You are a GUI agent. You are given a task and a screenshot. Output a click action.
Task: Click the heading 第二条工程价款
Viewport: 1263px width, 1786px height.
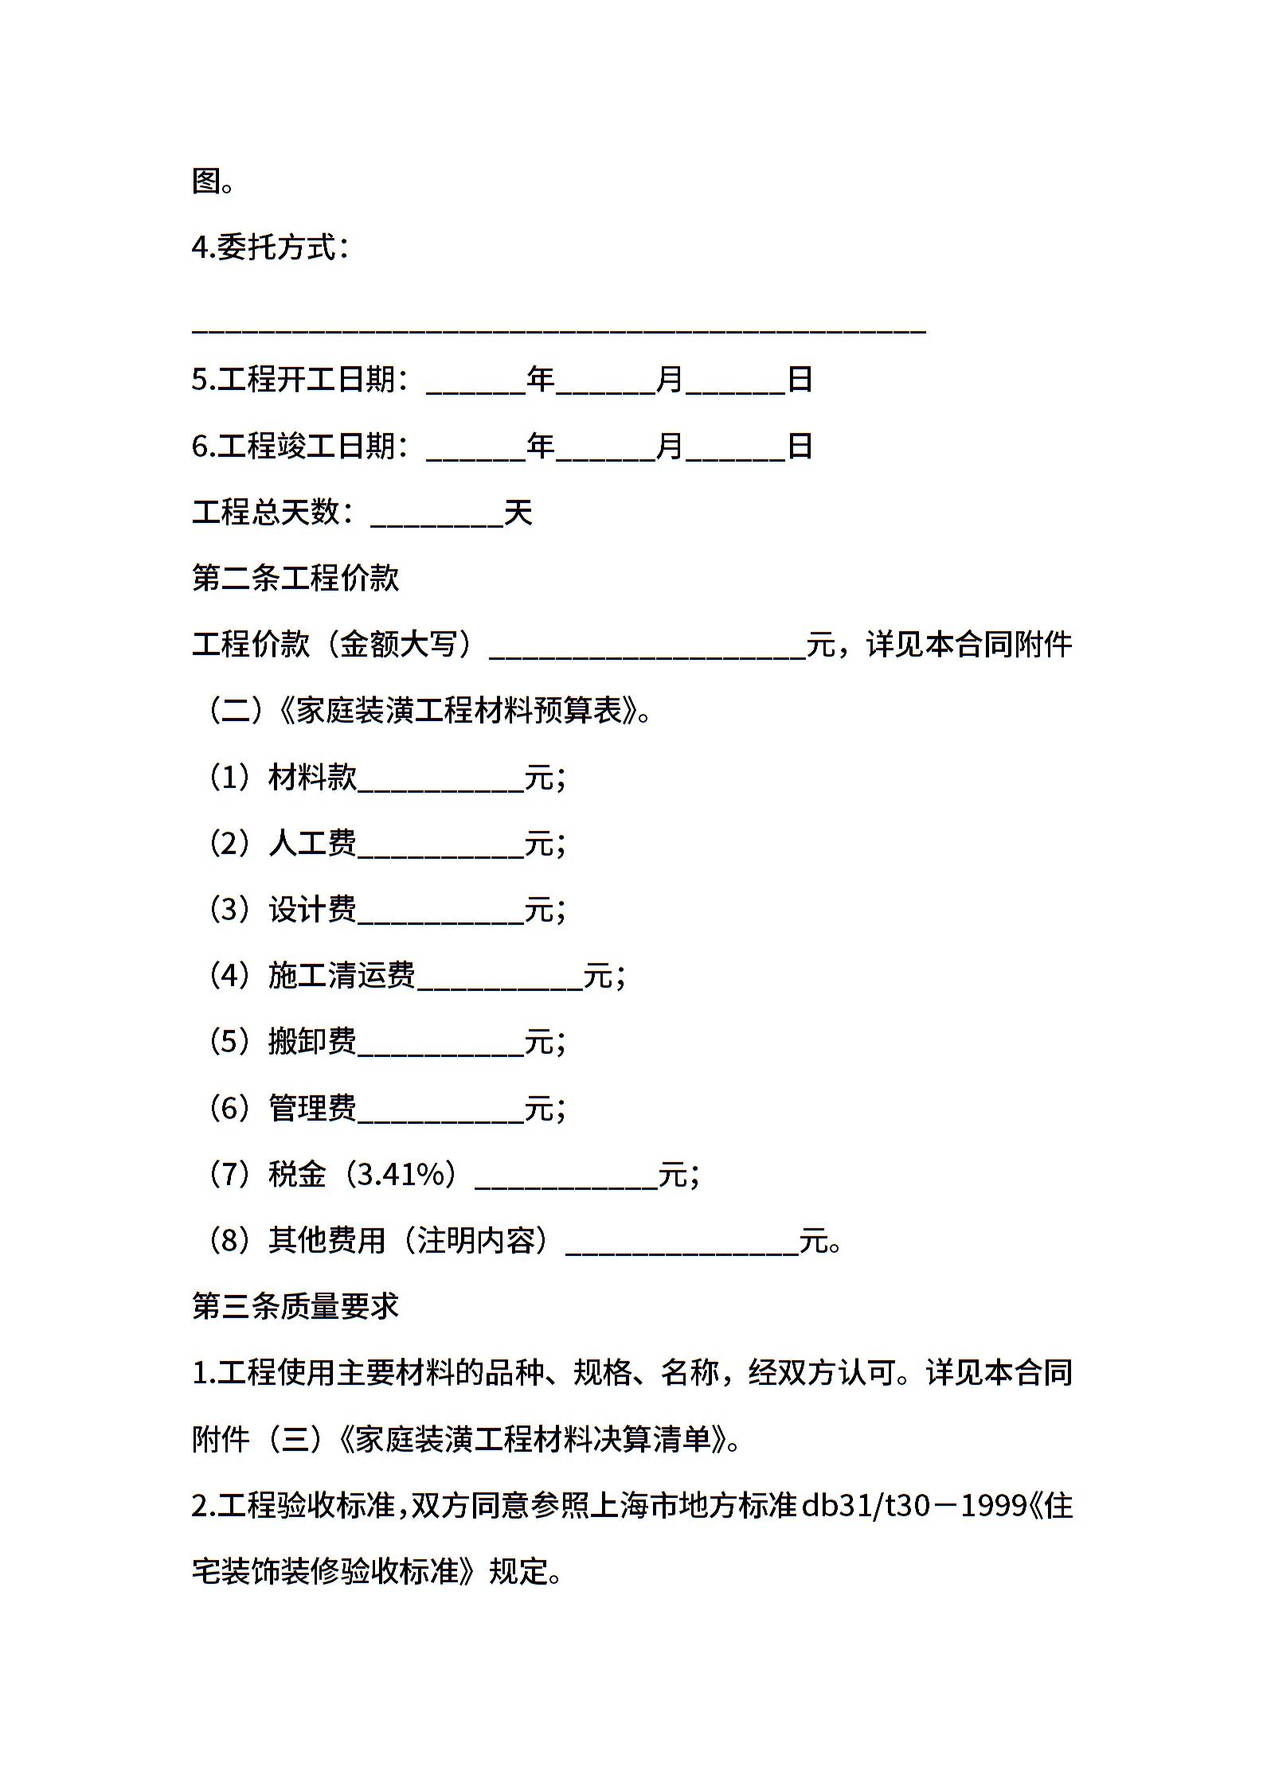(295, 579)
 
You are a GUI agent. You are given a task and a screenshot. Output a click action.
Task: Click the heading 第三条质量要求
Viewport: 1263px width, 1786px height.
(295, 1307)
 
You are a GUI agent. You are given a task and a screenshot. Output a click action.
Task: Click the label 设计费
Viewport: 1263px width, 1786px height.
(312, 909)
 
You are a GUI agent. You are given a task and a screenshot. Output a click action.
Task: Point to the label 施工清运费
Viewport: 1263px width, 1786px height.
(342, 975)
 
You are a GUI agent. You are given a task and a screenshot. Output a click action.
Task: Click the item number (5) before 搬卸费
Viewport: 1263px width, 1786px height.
(229, 1041)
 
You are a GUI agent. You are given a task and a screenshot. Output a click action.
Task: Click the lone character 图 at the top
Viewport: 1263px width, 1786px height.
(207, 181)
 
